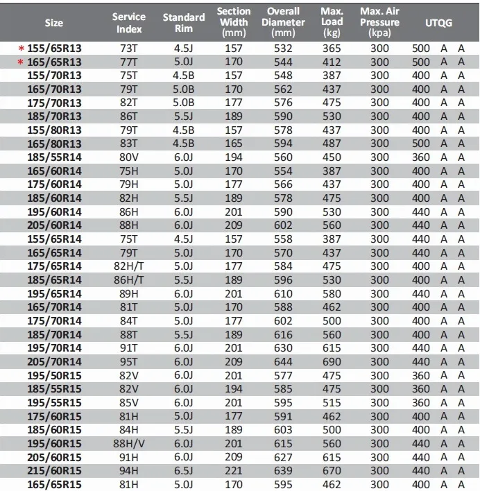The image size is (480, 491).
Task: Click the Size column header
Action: point(53,23)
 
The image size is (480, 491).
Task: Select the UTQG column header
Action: point(438,23)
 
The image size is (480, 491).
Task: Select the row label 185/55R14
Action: point(53,157)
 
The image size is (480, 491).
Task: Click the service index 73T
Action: point(128,49)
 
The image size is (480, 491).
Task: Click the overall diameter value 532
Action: point(283,49)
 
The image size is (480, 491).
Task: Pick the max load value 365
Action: point(332,49)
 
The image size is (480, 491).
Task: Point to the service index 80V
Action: point(128,157)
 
